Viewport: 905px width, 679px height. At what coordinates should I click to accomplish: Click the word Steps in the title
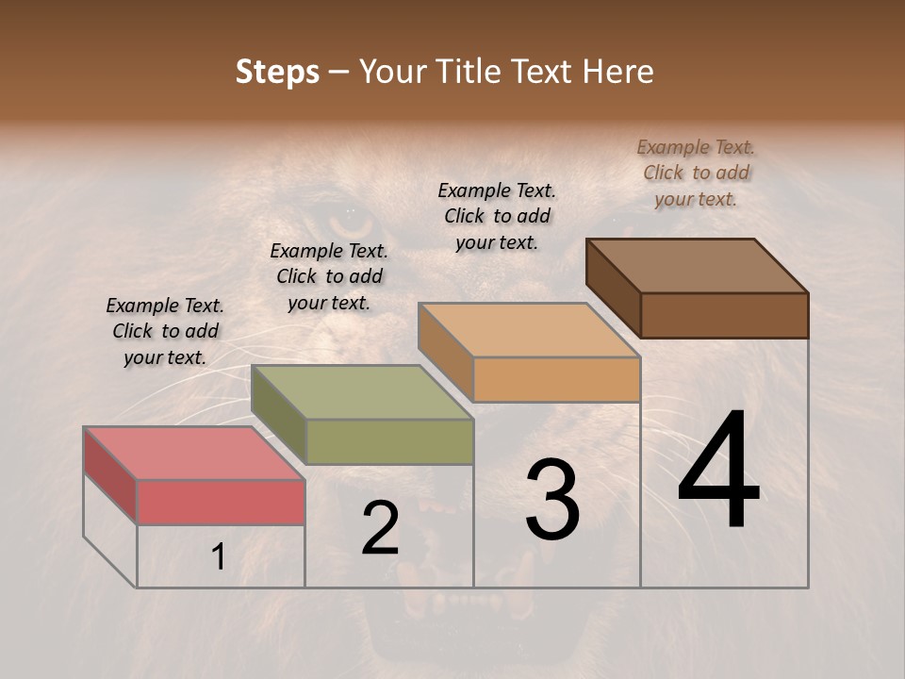click(277, 72)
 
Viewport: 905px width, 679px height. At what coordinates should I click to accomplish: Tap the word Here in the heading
click(617, 72)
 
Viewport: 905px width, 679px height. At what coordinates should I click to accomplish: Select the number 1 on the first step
click(219, 557)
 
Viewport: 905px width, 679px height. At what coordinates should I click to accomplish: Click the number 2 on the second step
click(380, 528)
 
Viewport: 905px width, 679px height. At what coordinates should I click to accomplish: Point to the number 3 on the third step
click(552, 500)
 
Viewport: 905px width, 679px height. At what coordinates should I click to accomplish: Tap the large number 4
click(718, 472)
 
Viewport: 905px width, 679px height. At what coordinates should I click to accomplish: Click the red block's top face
click(193, 454)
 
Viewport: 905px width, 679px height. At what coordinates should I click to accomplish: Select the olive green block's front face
click(389, 441)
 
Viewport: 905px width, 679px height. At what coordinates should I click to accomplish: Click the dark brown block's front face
click(724, 315)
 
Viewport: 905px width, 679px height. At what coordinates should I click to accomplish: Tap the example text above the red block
click(165, 331)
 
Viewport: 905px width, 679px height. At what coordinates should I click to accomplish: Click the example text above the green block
click(329, 276)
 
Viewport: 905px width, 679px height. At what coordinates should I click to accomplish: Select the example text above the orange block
click(497, 216)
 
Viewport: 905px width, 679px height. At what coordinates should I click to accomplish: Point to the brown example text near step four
click(696, 173)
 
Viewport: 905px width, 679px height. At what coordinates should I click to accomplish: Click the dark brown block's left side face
click(613, 288)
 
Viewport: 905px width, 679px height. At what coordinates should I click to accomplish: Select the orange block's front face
click(556, 379)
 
